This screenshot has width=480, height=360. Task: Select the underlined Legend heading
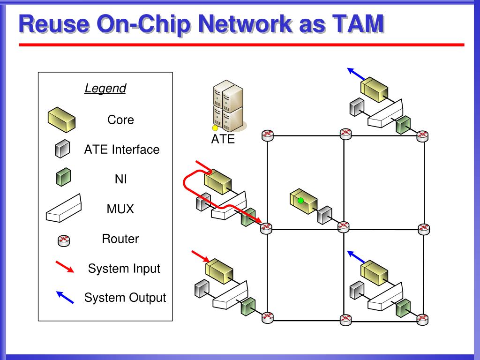click(105, 88)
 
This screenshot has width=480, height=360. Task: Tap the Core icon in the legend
click(61, 120)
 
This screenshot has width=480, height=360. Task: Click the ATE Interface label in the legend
click(122, 150)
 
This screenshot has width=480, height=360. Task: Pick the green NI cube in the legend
click(64, 177)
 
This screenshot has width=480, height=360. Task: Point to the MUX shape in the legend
click(64, 209)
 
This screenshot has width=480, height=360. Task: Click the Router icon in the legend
click(64, 240)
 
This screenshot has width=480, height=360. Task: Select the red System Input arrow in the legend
click(65, 267)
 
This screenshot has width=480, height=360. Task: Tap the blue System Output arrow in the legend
click(65, 297)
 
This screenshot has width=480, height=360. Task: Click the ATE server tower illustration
click(228, 106)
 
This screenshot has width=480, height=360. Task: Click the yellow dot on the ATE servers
click(215, 128)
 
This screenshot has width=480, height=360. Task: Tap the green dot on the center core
click(300, 201)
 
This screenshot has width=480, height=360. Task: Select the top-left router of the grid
click(268, 135)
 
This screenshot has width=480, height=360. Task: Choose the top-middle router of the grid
click(346, 134)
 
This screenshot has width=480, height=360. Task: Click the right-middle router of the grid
click(424, 229)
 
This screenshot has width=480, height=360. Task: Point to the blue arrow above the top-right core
click(356, 74)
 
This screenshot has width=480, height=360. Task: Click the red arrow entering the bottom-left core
click(201, 256)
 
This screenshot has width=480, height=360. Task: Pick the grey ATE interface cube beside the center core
click(324, 215)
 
